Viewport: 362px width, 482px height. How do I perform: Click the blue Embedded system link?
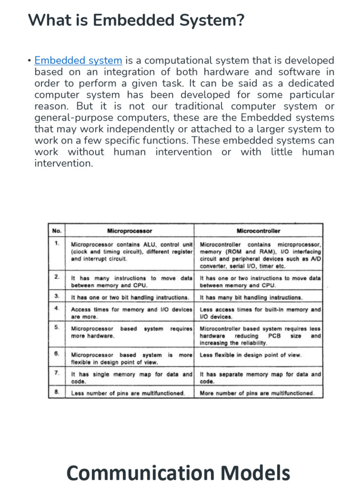pyautogui.click(x=78, y=60)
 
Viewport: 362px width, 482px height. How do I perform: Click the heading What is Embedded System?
pyautogui.click(x=136, y=20)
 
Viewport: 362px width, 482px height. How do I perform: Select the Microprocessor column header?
pyautogui.click(x=130, y=231)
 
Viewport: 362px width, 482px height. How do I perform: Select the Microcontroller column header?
pyautogui.click(x=258, y=231)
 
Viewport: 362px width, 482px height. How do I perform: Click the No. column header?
pyautogui.click(x=57, y=231)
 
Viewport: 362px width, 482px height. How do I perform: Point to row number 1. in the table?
pyautogui.click(x=57, y=243)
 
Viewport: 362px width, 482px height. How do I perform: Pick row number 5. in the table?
pyautogui.click(x=57, y=327)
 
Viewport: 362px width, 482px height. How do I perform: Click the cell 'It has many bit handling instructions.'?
pyautogui.click(x=251, y=297)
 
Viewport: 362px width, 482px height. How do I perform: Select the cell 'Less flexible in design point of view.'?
pyautogui.click(x=250, y=355)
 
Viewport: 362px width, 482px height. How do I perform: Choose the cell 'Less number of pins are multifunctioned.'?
pyautogui.click(x=128, y=393)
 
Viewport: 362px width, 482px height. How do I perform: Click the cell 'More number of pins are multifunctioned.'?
pyautogui.click(x=257, y=393)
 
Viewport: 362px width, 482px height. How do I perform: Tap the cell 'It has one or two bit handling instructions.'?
pyautogui.click(x=130, y=297)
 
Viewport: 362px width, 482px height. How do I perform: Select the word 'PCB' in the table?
pyautogui.click(x=274, y=336)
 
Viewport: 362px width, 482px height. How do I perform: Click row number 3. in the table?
pyautogui.click(x=57, y=296)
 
